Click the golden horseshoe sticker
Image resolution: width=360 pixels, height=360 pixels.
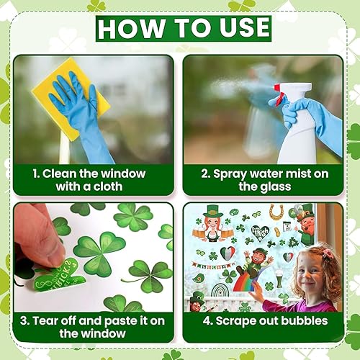(276, 213)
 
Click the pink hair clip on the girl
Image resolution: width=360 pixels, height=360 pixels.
(328, 253)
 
